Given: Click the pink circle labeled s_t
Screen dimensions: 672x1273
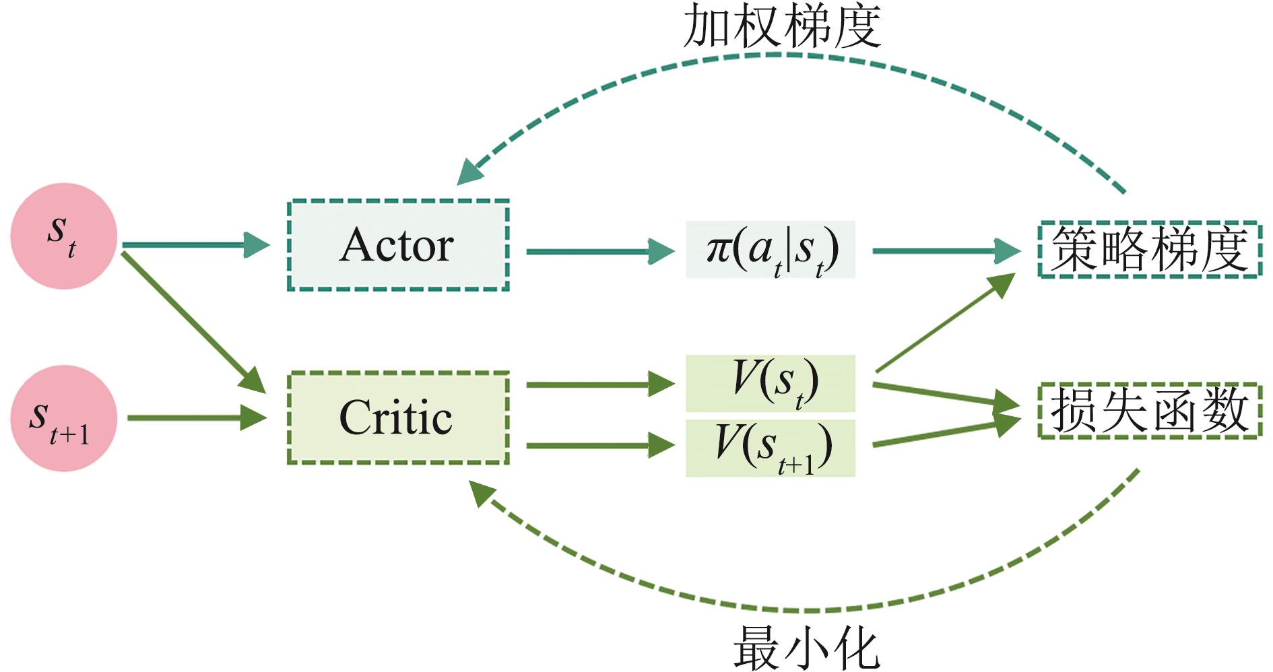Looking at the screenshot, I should pyautogui.click(x=64, y=236).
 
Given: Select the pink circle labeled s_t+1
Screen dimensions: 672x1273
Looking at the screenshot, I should pyautogui.click(x=64, y=418).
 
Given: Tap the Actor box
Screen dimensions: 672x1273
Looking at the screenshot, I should pyautogui.click(x=398, y=246).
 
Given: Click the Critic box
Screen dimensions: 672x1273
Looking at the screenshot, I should pyautogui.click(x=398, y=418).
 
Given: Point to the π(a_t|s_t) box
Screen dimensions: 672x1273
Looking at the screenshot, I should pyautogui.click(x=771, y=250).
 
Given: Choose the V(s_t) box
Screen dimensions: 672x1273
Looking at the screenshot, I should pyautogui.click(x=771, y=383).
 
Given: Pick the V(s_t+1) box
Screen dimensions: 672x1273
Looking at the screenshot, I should pyautogui.click(x=771, y=448).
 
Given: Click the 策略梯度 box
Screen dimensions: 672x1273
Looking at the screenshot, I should pyautogui.click(x=1149, y=250).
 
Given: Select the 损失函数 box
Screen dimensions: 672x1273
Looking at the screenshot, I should pyautogui.click(x=1149, y=411).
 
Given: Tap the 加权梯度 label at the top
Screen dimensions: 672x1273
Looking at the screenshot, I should pyautogui.click(x=781, y=27).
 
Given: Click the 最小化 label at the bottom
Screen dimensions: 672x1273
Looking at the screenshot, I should pyautogui.click(x=806, y=648).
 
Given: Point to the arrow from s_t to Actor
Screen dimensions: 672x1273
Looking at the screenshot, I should pyautogui.click(x=195, y=245).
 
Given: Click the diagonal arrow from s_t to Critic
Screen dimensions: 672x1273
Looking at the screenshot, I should pyautogui.click(x=192, y=322).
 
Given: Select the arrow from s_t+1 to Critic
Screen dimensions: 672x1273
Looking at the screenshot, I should pyautogui.click(x=195, y=418).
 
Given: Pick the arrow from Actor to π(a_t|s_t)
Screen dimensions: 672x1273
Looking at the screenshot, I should pyautogui.click(x=599, y=252).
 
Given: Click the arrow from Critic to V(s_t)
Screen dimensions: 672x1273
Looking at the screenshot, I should pyautogui.click(x=599, y=384).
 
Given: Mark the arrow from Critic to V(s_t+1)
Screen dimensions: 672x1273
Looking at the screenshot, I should pyautogui.click(x=599, y=445).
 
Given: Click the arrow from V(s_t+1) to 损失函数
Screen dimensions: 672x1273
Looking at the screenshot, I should pyautogui.click(x=943, y=434).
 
